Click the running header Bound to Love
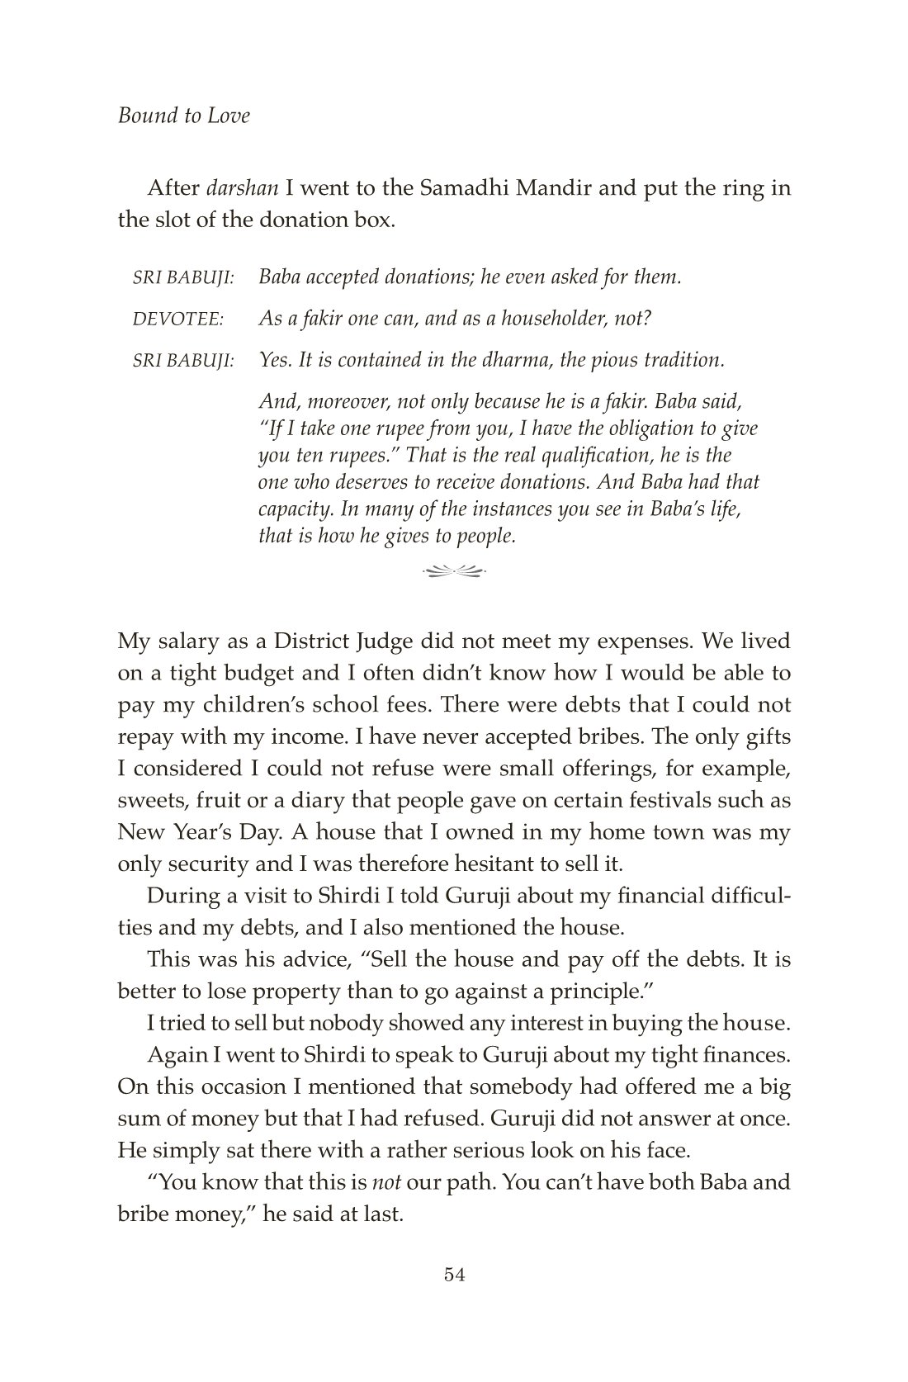(183, 116)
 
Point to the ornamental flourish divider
(453, 569)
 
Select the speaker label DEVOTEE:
(178, 319)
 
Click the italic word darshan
(242, 188)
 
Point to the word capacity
(291, 509)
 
